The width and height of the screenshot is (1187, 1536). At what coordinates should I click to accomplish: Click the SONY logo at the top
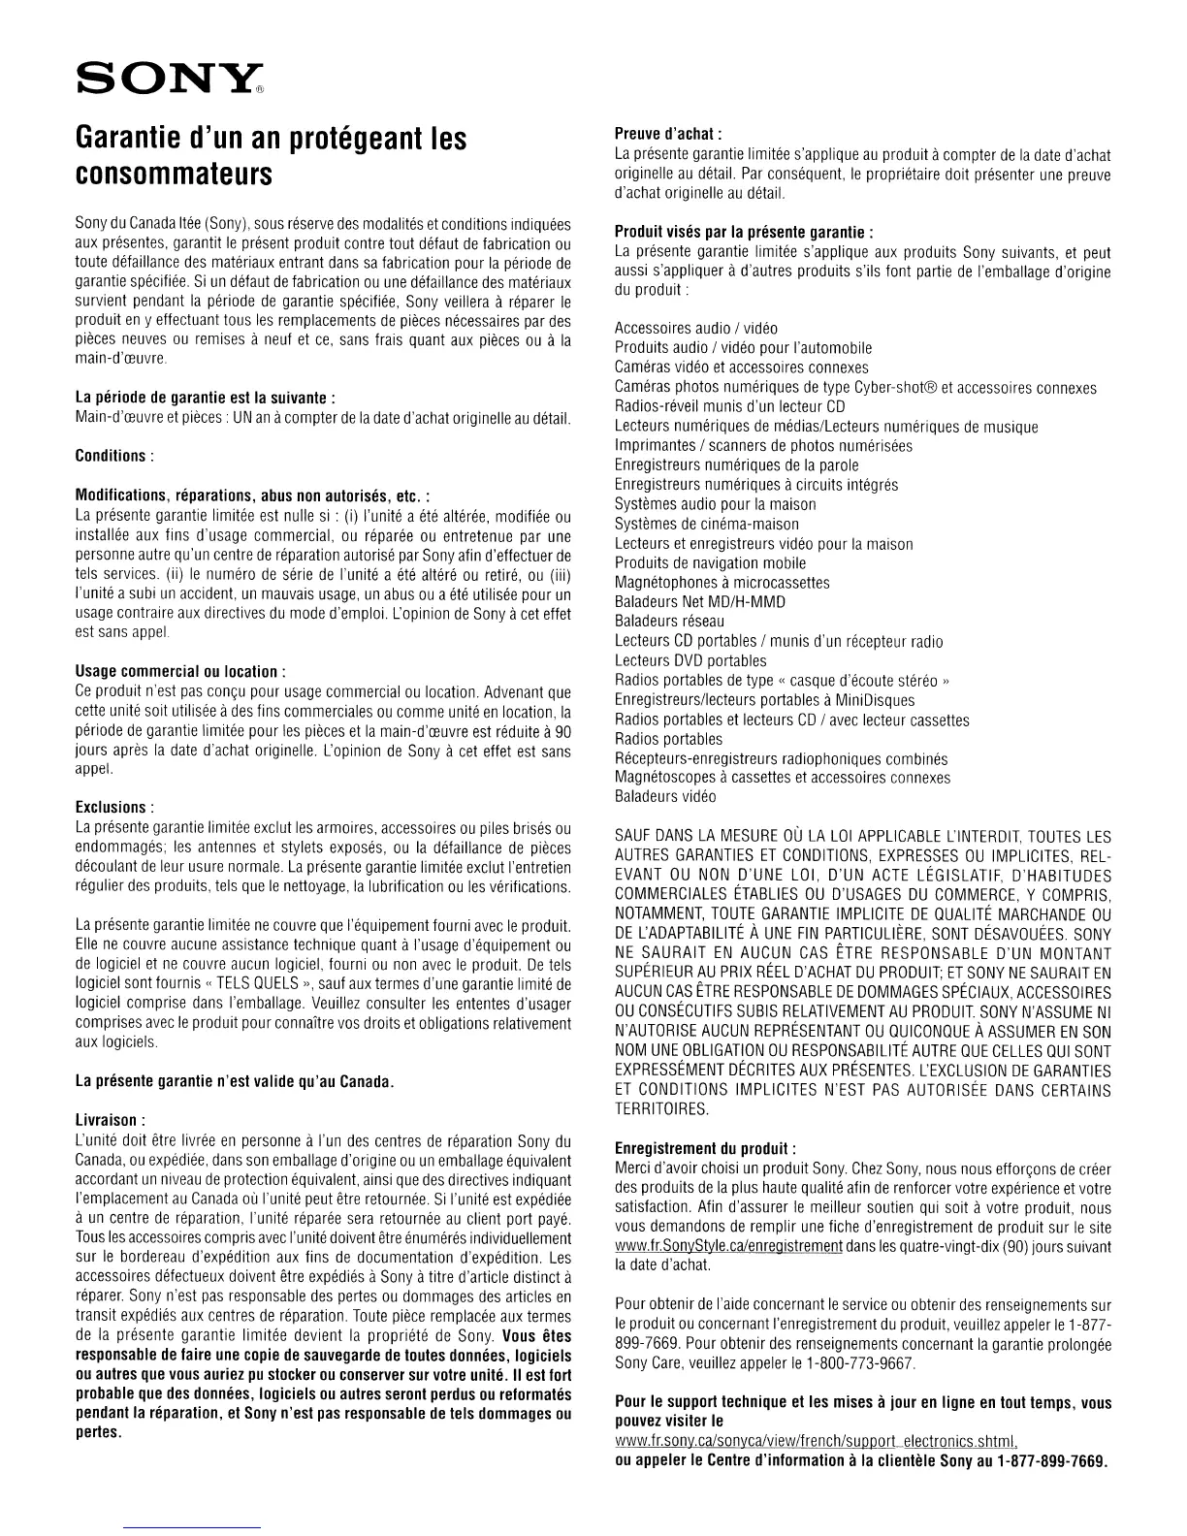166,76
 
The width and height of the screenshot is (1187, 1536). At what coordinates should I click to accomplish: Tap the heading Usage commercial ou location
179,672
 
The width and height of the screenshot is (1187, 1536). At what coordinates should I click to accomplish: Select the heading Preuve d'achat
670,135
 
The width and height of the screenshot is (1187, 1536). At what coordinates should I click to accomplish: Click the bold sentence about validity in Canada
234,1080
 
